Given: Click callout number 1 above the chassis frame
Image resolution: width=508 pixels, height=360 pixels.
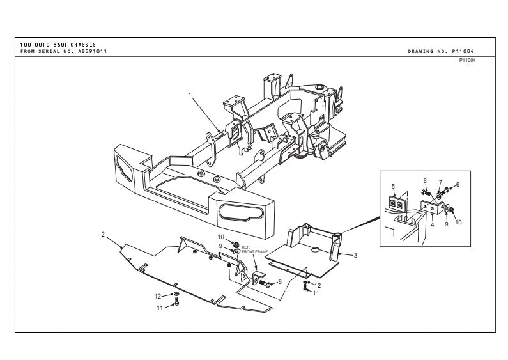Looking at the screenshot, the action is click(x=190, y=95).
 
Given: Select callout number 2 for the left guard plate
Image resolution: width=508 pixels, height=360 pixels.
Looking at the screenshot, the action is click(x=103, y=234).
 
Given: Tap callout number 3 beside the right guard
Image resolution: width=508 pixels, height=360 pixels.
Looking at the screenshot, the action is click(x=355, y=256).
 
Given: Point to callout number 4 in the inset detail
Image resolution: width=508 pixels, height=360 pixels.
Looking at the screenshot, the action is click(x=433, y=224).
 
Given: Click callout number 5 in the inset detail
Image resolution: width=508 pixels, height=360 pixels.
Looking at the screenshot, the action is click(x=393, y=187).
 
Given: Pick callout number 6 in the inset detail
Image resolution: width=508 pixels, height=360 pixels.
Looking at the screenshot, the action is click(x=458, y=185).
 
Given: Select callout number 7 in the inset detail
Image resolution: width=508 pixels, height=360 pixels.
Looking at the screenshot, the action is click(x=440, y=184).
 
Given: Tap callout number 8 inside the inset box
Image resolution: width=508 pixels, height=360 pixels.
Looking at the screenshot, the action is click(x=425, y=181).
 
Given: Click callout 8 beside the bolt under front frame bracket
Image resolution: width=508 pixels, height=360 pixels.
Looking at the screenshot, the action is click(x=280, y=281).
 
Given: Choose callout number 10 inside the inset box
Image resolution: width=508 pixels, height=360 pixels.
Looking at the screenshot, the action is click(x=458, y=223).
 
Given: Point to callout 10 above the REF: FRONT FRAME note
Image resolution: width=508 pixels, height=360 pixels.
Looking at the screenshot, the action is click(x=220, y=237).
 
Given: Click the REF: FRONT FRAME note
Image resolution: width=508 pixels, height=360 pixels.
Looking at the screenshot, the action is click(x=255, y=249).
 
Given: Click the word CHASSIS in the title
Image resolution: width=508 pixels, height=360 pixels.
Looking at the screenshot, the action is click(x=83, y=45).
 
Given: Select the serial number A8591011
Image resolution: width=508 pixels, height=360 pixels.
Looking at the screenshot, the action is click(x=92, y=51).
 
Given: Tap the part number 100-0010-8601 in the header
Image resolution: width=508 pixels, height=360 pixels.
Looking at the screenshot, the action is click(x=43, y=45).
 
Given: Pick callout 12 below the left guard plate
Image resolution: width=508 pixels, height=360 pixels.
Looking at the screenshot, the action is click(x=158, y=297).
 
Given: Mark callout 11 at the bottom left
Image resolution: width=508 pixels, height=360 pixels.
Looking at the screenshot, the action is click(x=160, y=308).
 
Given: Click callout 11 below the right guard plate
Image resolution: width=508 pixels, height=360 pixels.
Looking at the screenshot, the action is click(x=316, y=293).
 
